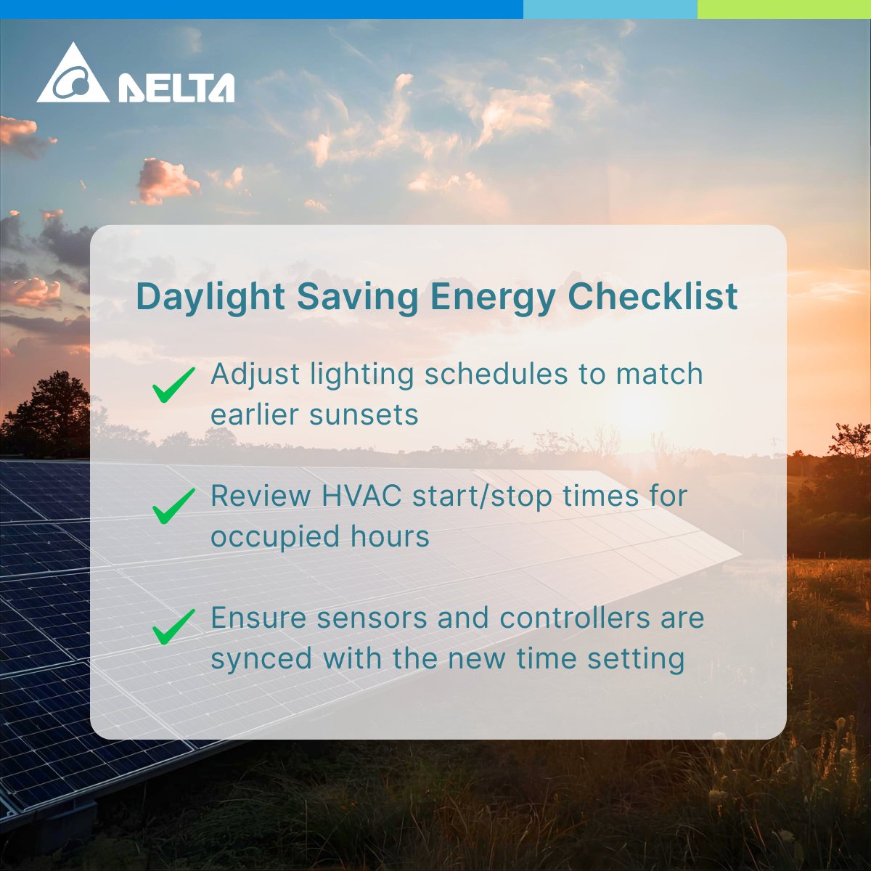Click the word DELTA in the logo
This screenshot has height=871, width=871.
[x=176, y=88]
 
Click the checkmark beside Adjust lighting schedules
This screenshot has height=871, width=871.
[x=173, y=384]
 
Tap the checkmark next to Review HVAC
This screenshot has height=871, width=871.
[x=173, y=506]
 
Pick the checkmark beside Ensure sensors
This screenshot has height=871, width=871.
[x=173, y=626]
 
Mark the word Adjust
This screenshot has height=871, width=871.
[x=255, y=375]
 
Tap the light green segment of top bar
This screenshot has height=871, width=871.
[x=784, y=9]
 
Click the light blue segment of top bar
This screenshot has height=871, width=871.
[x=610, y=9]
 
